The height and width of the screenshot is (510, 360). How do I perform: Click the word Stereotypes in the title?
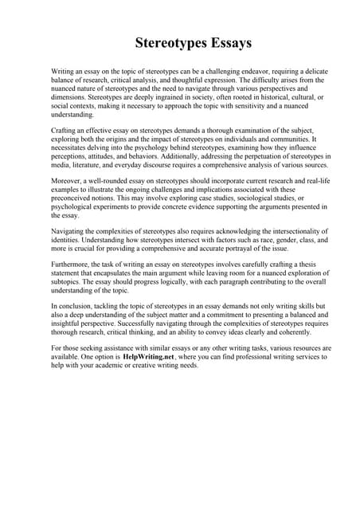(x=163, y=42)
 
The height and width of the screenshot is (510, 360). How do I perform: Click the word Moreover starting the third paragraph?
(x=68, y=182)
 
